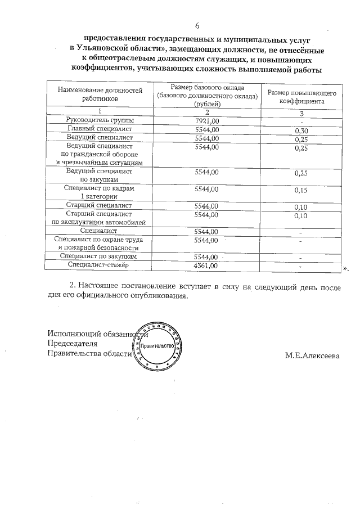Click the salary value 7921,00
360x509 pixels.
point(206,120)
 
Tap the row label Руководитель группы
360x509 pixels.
point(99,120)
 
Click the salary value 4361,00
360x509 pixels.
point(206,265)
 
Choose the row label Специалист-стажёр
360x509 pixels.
point(99,265)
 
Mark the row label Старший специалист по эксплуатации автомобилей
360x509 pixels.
point(99,218)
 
